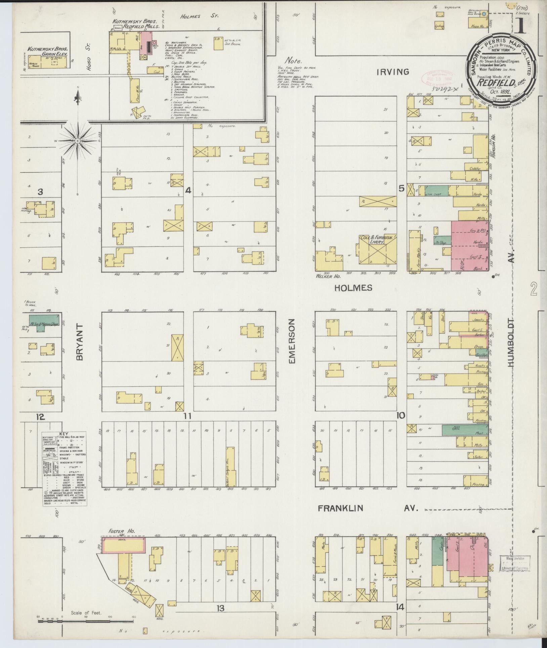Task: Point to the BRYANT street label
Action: [x=79, y=342]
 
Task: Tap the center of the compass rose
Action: [x=78, y=140]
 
